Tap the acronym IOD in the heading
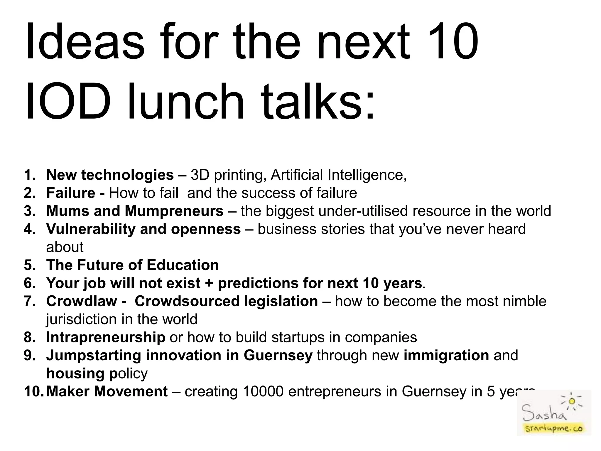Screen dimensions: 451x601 pyautogui.click(x=68, y=102)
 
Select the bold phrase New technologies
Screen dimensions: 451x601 pyautogui.click(x=110, y=175)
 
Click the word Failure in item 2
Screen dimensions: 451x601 pyautogui.click(x=71, y=193)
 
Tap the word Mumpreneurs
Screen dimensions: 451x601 pyautogui.click(x=174, y=211)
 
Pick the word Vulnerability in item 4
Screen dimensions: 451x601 pyautogui.click(x=91, y=229)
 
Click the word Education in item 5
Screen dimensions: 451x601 pyautogui.click(x=183, y=265)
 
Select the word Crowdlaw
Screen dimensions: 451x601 pyautogui.click(x=82, y=302)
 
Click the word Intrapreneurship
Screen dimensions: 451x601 pyautogui.click(x=106, y=337)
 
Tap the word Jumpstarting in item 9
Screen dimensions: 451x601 pyautogui.click(x=94, y=356)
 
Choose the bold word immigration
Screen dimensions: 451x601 pyautogui.click(x=446, y=356)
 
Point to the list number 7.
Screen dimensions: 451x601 pyautogui.click(x=29, y=302)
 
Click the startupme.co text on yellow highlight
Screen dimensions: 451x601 pyautogui.click(x=554, y=429)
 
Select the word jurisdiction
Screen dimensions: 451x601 pyautogui.click(x=81, y=319)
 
